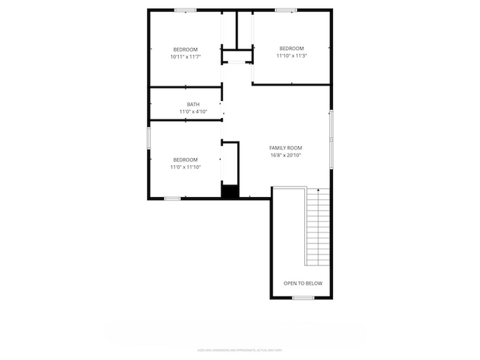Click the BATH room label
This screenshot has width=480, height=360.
point(193,104)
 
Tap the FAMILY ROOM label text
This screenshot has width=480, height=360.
point(286,148)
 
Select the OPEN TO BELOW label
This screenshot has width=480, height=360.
point(303,283)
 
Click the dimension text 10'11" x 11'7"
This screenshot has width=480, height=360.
point(185,56)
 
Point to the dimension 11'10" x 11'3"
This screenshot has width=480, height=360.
point(292,55)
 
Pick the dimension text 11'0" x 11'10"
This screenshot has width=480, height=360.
point(185,167)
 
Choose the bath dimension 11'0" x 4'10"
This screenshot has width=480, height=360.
point(193,111)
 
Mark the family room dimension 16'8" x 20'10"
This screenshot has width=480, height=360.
point(286,155)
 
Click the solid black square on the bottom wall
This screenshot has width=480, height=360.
point(230,192)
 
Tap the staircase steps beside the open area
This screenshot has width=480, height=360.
point(318,229)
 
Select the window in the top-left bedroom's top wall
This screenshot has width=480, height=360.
point(185,10)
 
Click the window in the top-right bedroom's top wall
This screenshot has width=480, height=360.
point(286,10)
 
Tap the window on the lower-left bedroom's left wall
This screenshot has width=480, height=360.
point(149,137)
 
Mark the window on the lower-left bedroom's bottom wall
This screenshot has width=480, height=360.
point(172,198)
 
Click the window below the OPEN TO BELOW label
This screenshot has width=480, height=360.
point(303,297)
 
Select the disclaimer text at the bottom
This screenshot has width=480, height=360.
point(239,349)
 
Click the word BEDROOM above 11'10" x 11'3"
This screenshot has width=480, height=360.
point(292,49)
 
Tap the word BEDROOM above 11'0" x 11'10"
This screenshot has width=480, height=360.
point(185,159)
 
